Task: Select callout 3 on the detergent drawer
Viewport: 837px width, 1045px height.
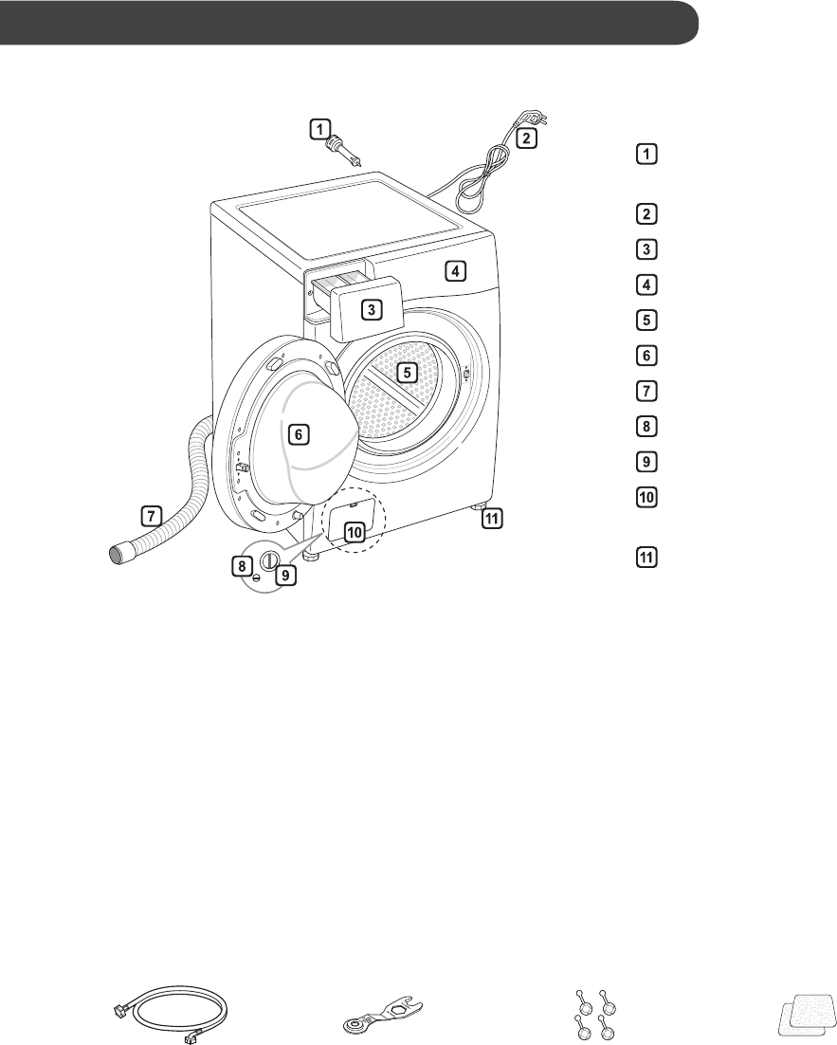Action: [x=373, y=309]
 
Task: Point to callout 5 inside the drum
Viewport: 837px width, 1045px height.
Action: [x=407, y=373]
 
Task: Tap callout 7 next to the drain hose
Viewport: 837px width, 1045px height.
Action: [x=150, y=517]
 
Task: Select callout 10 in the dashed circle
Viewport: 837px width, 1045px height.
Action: [x=354, y=532]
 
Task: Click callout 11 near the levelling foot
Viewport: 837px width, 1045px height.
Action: [x=490, y=519]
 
